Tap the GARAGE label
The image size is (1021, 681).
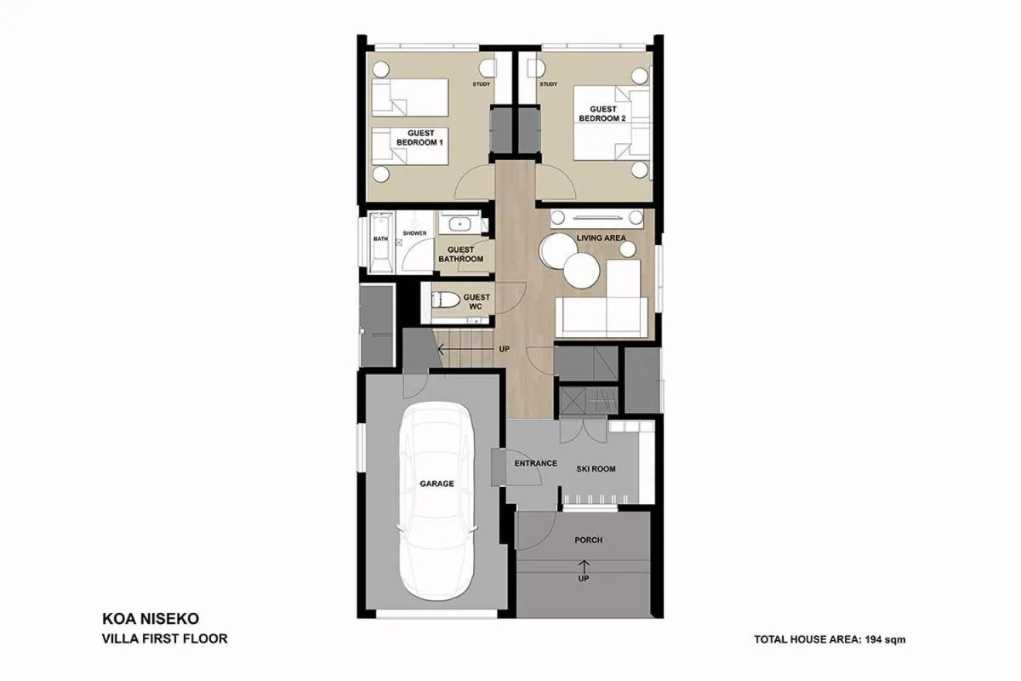point(436,484)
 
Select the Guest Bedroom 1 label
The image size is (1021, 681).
point(420,138)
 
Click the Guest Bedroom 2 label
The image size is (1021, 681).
point(602,114)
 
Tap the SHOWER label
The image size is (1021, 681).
point(414,232)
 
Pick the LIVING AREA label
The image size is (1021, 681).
point(602,238)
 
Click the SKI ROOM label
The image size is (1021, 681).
point(596,469)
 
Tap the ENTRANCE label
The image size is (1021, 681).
point(536,464)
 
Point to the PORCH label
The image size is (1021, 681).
point(588,540)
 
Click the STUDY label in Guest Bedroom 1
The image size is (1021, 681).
point(482,84)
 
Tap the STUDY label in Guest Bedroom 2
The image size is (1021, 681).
point(548,84)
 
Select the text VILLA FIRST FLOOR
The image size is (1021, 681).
point(165,638)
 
